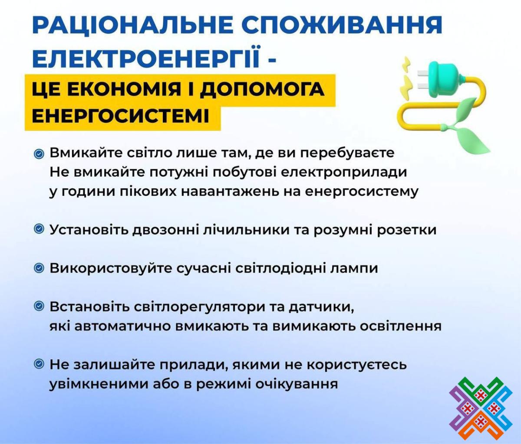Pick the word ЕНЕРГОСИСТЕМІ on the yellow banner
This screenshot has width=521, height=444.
pos(121,116)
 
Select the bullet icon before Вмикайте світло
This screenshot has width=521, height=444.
pos(39,154)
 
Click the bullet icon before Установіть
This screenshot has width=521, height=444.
pos(39,229)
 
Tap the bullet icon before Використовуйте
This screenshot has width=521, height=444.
pos(39,268)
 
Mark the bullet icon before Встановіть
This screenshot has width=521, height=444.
pos(39,307)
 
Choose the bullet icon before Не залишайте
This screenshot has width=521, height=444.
pos(39,364)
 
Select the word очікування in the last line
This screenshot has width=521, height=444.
pos(297,384)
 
